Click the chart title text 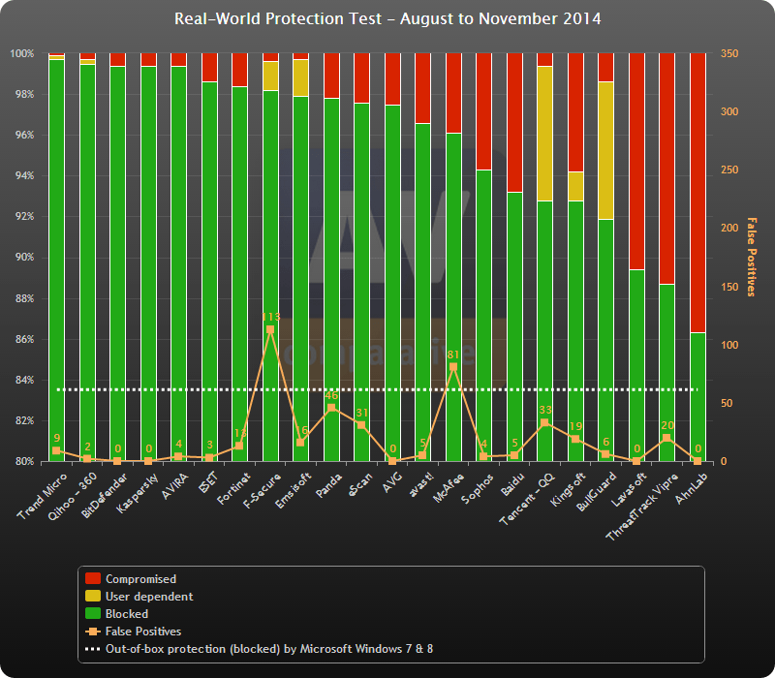tap(387, 18)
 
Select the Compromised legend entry tap(140, 579)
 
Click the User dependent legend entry tap(148, 597)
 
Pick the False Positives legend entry tap(142, 632)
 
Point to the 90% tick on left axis tap(23, 258)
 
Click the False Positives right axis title tap(750, 257)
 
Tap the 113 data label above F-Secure tap(270, 317)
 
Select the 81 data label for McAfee tap(452, 354)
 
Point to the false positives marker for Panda tap(331, 408)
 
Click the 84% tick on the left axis tap(23, 381)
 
